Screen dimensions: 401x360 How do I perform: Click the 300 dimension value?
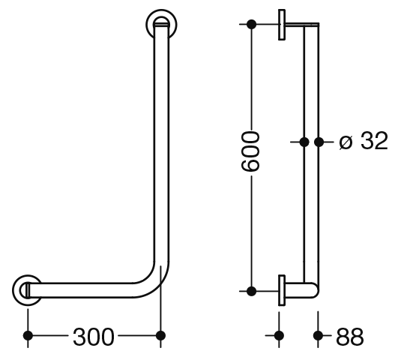(x=94, y=337)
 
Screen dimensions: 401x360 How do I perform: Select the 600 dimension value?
(x=250, y=151)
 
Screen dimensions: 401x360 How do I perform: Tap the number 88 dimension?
(x=349, y=337)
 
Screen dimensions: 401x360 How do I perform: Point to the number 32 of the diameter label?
(x=374, y=141)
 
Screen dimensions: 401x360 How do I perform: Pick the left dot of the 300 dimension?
(x=28, y=335)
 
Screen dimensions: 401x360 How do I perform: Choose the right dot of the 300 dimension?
(x=160, y=335)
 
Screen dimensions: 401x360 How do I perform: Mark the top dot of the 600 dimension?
(x=251, y=24)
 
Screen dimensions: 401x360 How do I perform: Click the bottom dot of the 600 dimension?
(x=251, y=291)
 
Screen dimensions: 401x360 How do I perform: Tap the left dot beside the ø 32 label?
(x=304, y=142)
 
